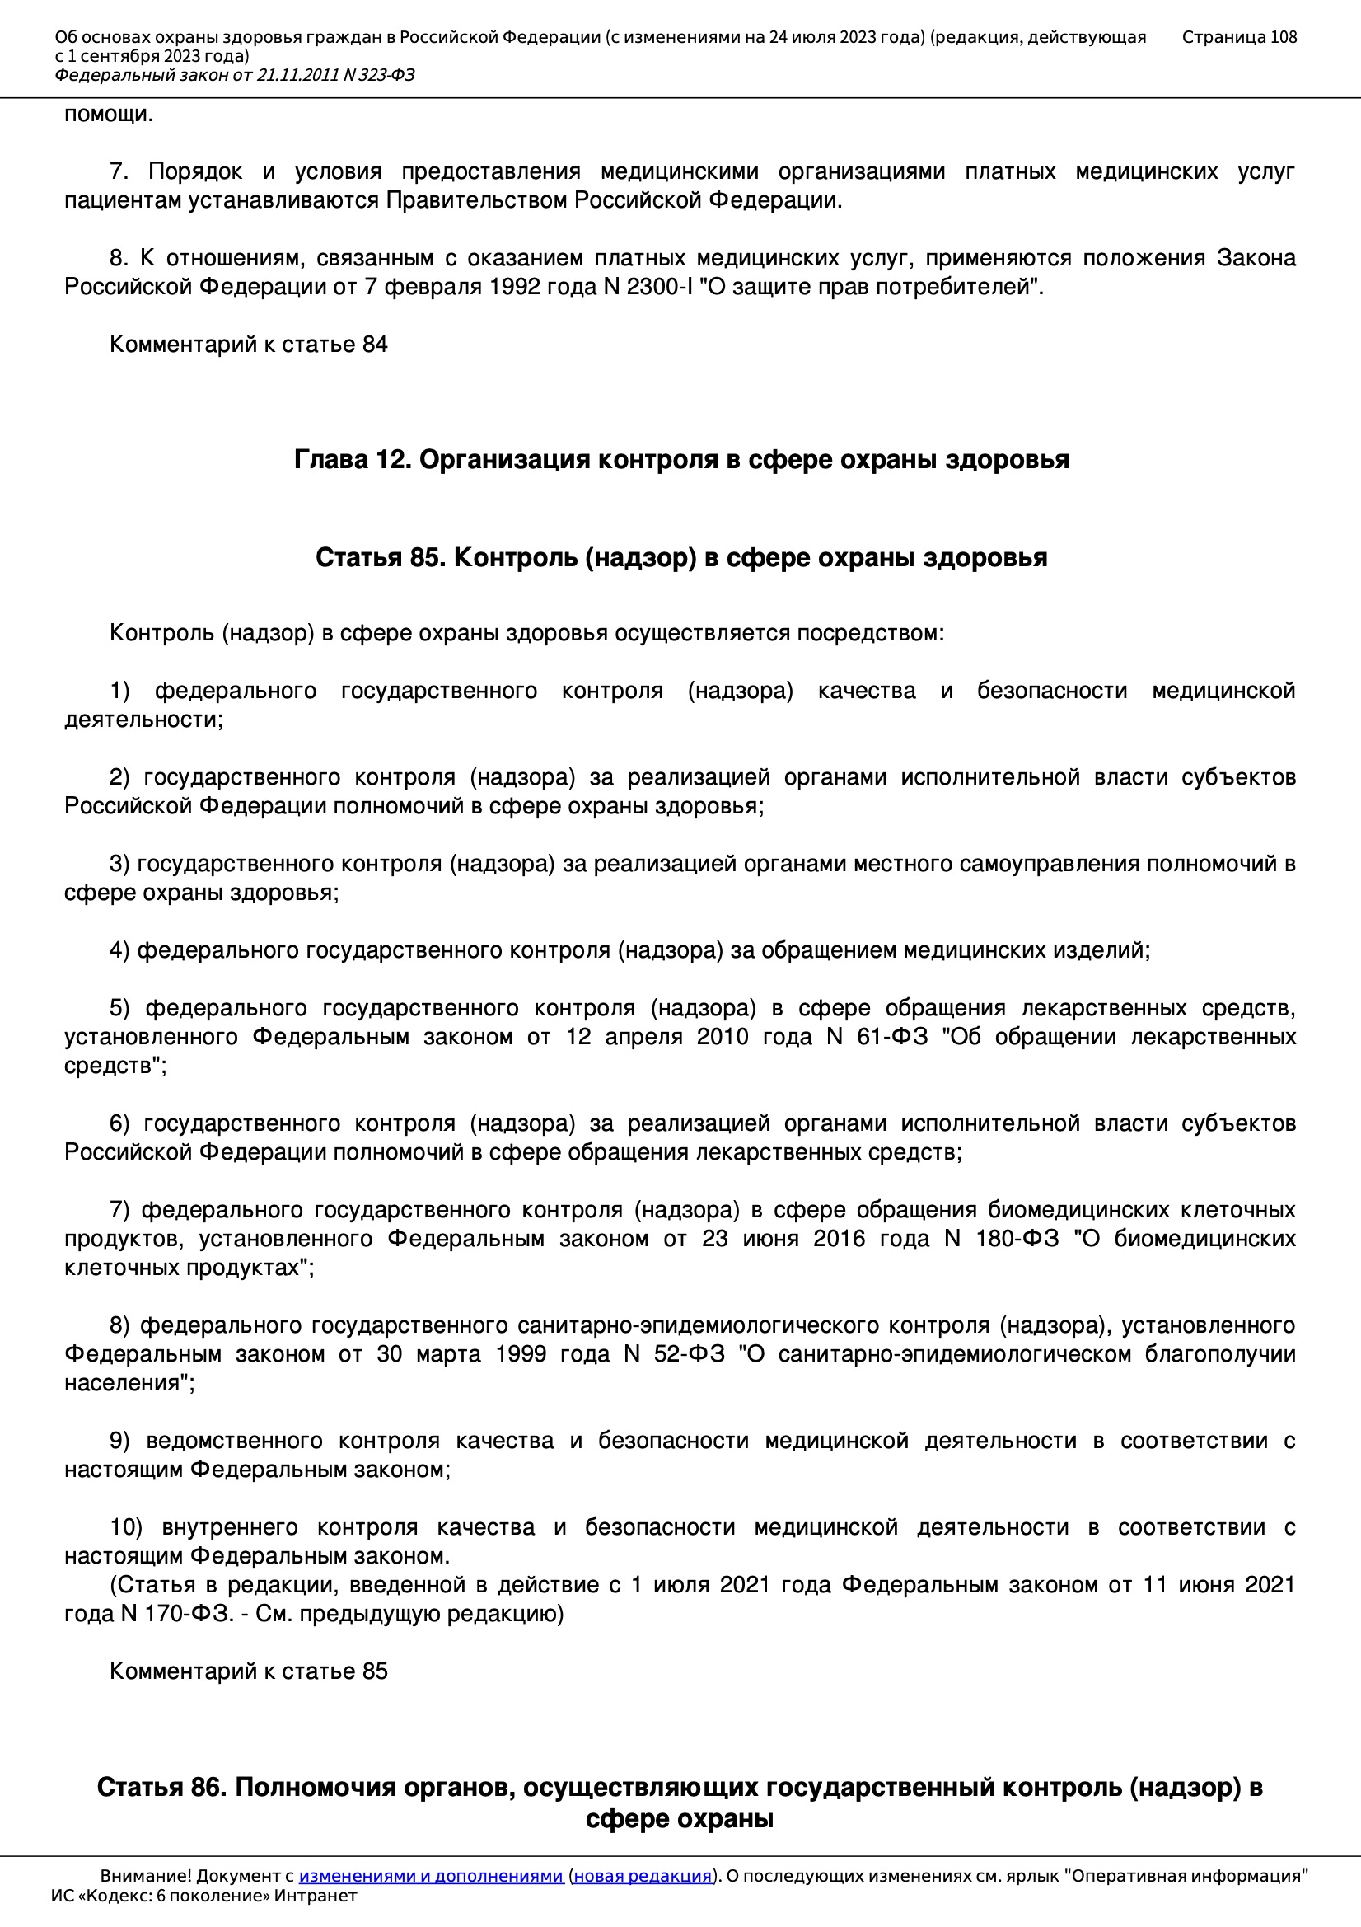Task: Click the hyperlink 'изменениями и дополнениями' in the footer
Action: pos(430,1875)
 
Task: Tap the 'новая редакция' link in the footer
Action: pos(642,1875)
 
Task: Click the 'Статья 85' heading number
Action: pos(380,558)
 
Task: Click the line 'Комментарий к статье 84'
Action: pos(248,345)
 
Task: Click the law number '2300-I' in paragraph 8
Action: pos(660,287)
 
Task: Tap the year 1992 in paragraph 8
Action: pos(517,287)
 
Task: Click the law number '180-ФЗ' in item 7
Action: pos(1017,1239)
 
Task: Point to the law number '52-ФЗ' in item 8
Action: pos(689,1354)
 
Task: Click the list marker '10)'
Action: pos(126,1527)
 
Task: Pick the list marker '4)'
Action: pos(119,950)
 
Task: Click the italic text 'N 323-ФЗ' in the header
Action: pos(377,76)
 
